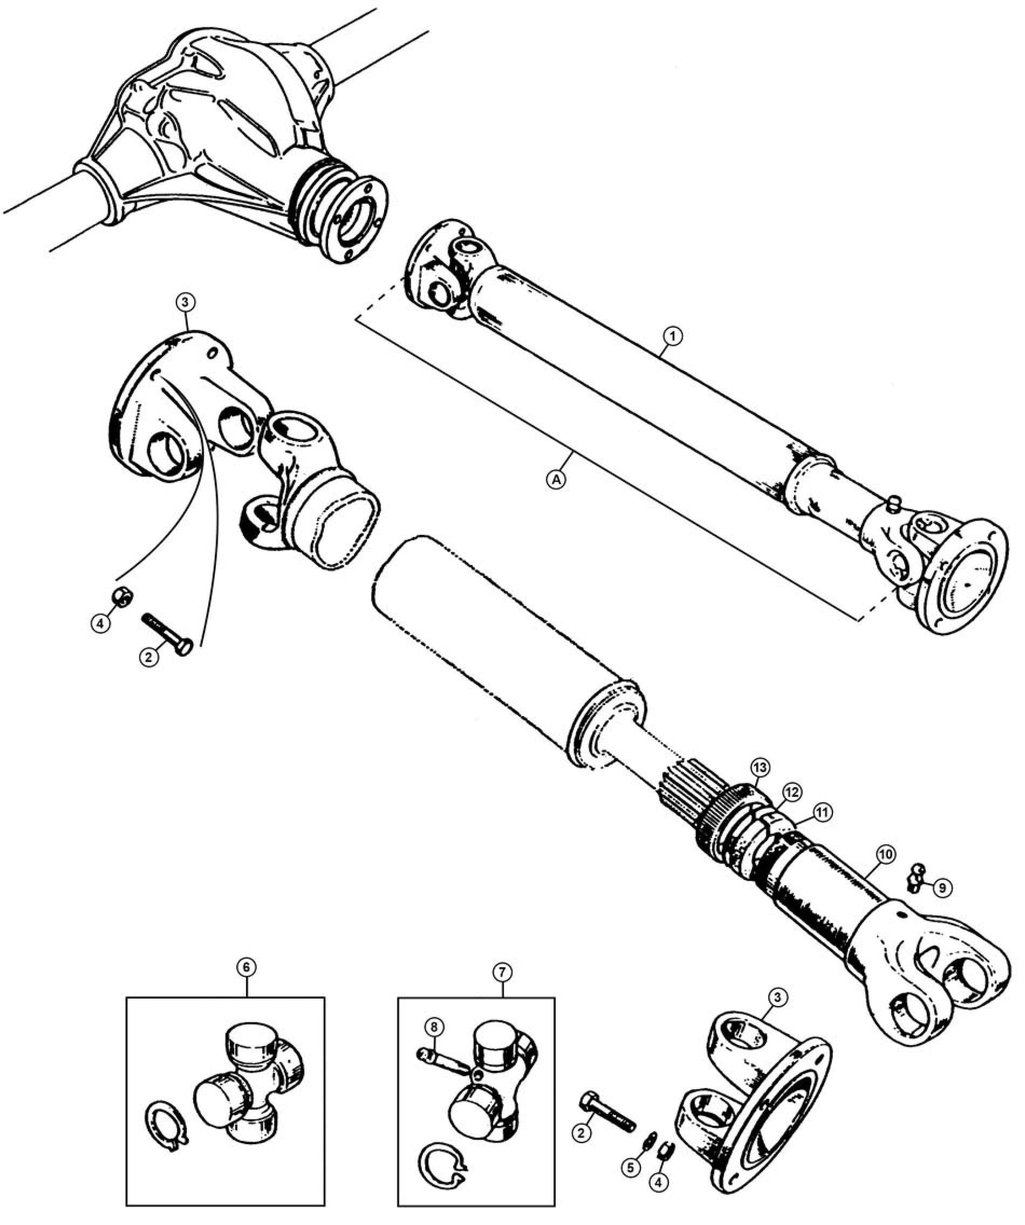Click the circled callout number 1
pos(673,337)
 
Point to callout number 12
pos(790,793)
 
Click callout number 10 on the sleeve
pos(886,855)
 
